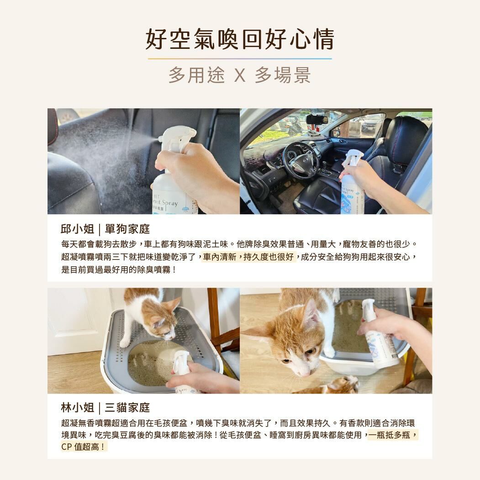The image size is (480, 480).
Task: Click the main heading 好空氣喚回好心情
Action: pyautogui.click(x=240, y=39)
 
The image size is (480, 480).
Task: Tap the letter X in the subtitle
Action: pyautogui.click(x=239, y=75)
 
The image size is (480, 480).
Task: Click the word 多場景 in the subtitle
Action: pyautogui.click(x=283, y=75)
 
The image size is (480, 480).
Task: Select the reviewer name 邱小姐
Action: pyautogui.click(x=77, y=229)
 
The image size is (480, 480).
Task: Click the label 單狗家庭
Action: pyautogui.click(x=127, y=229)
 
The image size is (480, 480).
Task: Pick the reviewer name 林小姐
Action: pyautogui.click(x=77, y=407)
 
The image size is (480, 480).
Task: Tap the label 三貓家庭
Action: pyautogui.click(x=127, y=407)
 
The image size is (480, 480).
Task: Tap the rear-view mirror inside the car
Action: pyautogui.click(x=316, y=119)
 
